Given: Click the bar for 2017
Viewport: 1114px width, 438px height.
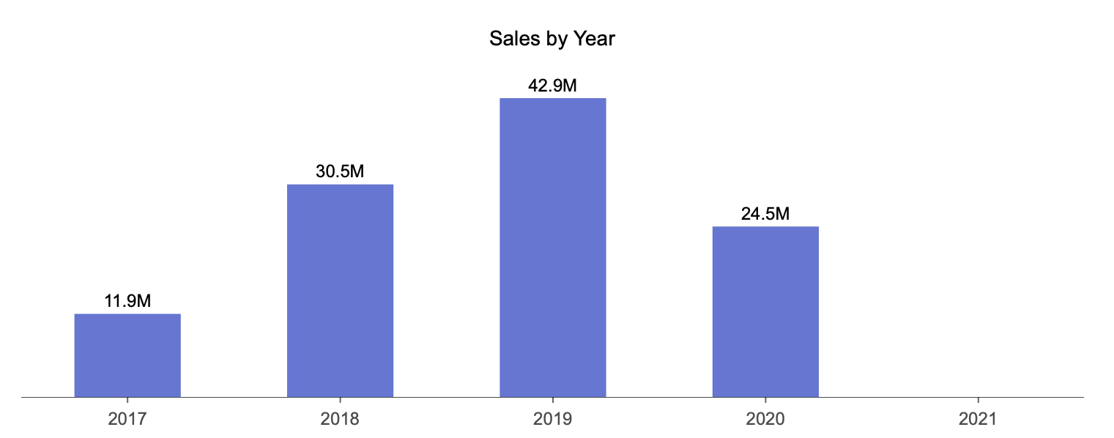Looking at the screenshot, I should [x=127, y=355].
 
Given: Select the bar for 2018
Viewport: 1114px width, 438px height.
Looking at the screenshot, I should [x=340, y=291].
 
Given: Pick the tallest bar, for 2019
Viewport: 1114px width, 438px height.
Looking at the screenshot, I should [x=553, y=248].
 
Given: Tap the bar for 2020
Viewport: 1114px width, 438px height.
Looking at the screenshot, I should [x=765, y=312].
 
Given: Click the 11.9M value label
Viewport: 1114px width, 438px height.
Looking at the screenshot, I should [x=127, y=301].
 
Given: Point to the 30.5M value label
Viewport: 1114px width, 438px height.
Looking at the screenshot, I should [x=340, y=171].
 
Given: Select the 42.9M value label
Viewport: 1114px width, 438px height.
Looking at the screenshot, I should [x=553, y=85].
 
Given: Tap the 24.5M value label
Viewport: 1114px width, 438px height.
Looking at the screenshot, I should [x=765, y=214].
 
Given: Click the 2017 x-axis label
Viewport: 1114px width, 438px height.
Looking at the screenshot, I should [x=127, y=420].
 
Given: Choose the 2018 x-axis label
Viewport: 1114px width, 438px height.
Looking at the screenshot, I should [x=340, y=420].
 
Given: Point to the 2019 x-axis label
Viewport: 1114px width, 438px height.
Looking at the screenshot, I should [x=553, y=420].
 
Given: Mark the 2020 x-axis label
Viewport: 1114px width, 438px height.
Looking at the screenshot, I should [x=765, y=420].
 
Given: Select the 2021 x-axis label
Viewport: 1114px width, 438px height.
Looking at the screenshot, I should [x=978, y=420].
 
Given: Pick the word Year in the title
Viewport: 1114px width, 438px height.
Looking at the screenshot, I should [x=594, y=39].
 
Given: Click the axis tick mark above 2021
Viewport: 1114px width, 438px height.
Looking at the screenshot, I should [x=978, y=401].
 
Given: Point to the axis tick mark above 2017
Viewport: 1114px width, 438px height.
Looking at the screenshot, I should [x=127, y=401].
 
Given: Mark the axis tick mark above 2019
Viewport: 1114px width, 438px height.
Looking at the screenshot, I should [x=553, y=401].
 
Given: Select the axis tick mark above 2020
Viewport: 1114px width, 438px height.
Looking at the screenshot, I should [x=765, y=401].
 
